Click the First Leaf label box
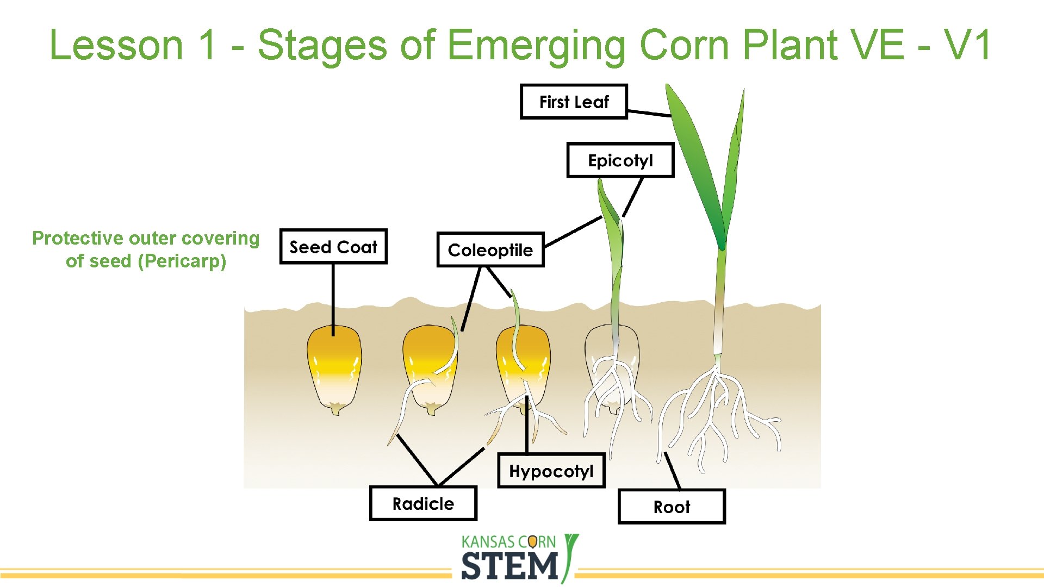(x=574, y=102)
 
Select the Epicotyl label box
(x=620, y=160)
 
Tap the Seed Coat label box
(x=333, y=247)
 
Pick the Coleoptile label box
(x=490, y=250)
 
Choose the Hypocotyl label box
(x=551, y=471)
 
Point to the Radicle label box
(x=423, y=504)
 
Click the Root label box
(x=672, y=507)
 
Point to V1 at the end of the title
(x=968, y=45)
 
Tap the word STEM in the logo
(x=509, y=566)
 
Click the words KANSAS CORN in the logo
(x=508, y=542)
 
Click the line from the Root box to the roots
(x=673, y=471)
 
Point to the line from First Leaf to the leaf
(x=649, y=113)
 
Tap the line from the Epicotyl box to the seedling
(x=633, y=197)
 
